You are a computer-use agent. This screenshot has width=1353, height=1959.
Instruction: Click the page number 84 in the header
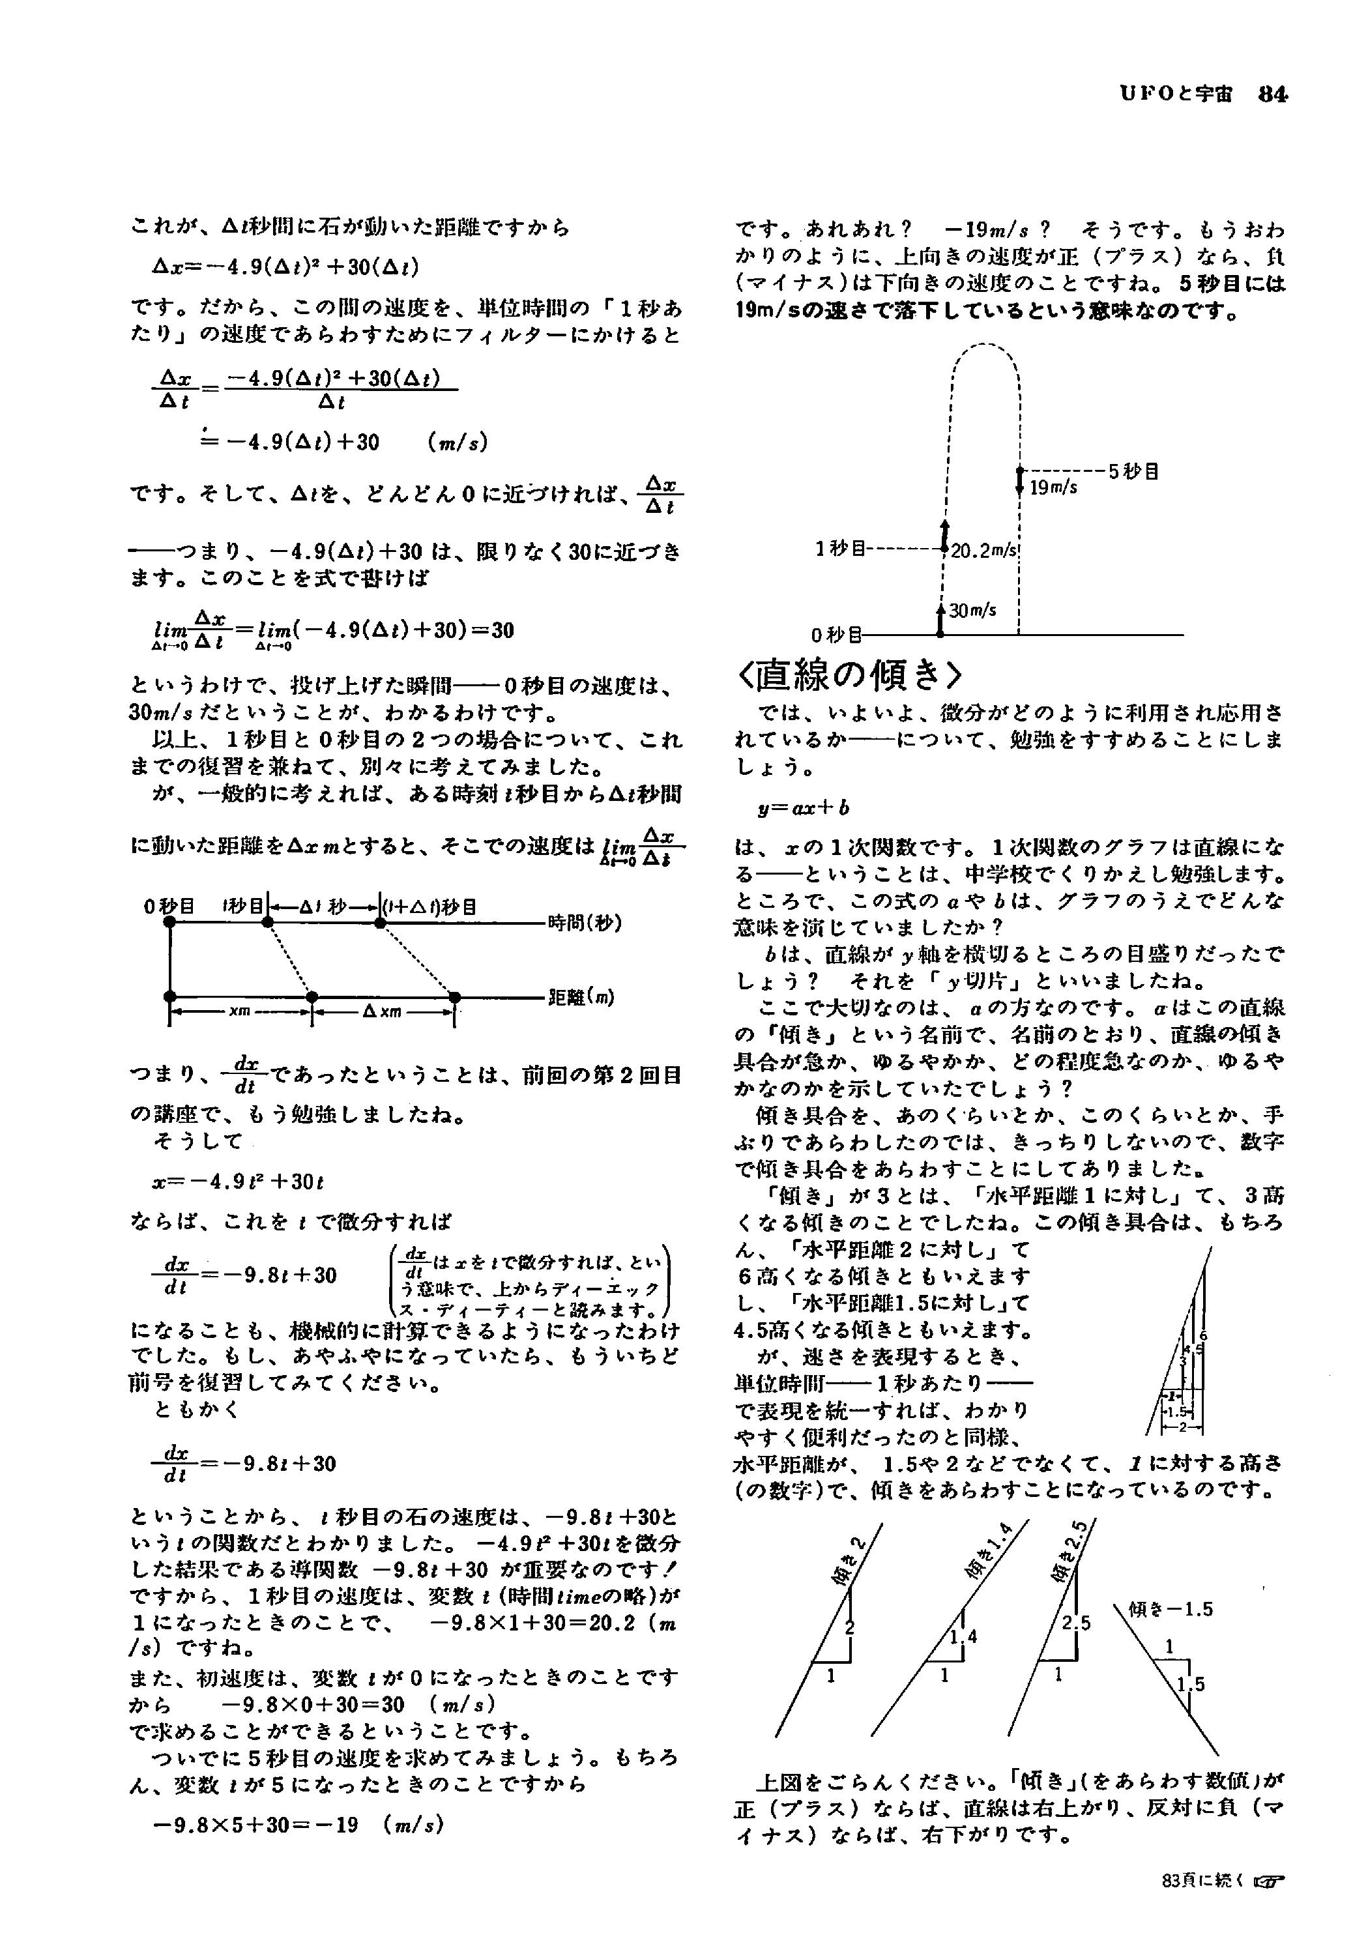(x=1272, y=95)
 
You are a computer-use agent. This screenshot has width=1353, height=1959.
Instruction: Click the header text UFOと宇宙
(x=1182, y=95)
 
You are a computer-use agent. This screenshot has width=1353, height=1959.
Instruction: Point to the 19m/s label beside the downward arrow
(x=1054, y=487)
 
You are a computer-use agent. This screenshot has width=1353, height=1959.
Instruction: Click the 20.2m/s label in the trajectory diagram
(x=983, y=550)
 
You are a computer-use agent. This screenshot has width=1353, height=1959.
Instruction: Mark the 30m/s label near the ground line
(x=972, y=609)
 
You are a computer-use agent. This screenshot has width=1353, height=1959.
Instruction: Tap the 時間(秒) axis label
(x=585, y=922)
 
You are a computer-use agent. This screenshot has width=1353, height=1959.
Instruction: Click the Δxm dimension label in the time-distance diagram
(x=383, y=1011)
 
